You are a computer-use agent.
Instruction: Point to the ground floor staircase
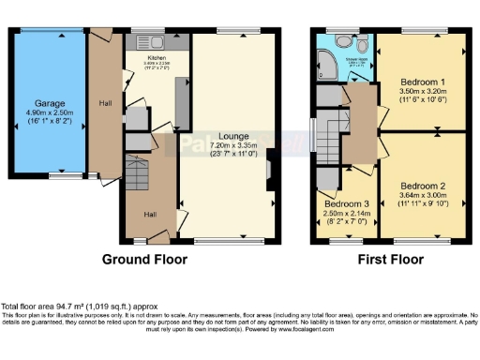click(138, 177)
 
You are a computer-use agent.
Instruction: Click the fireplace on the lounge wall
click(271, 173)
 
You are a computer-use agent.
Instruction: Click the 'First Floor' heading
click(386, 258)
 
